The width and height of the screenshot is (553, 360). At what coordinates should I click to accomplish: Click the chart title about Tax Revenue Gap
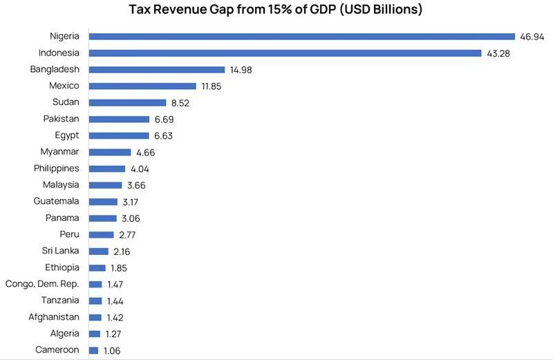pos(276,10)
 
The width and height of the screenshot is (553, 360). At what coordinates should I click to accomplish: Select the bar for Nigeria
pos(302,36)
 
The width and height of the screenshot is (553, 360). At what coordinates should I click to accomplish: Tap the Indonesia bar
pos(285,53)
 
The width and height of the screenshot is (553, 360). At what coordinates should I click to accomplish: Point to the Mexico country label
pos(64,86)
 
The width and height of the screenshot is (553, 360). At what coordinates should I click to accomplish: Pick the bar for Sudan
pos(127,102)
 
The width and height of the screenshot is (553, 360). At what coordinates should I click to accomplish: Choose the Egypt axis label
pos(67,135)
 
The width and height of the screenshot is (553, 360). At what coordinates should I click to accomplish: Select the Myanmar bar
pos(109,152)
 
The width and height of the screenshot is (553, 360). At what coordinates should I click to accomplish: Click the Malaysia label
pos(61,184)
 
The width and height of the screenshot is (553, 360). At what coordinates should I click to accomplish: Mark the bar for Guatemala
pos(103,201)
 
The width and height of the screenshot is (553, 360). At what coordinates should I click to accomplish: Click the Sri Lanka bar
pos(99,251)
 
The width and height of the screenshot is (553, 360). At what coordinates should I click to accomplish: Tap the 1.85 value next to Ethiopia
pos(118,267)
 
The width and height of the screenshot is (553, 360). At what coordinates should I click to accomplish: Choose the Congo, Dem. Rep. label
pos(42,284)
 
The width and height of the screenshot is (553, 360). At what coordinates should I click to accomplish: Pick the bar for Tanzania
pos(95,301)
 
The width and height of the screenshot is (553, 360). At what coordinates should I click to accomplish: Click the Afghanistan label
pos(54,317)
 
